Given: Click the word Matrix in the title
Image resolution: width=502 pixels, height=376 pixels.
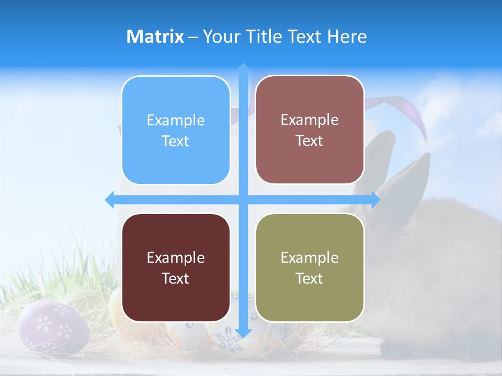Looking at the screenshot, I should click(x=155, y=37).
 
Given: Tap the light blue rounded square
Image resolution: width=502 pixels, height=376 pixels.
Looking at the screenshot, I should click(x=176, y=131).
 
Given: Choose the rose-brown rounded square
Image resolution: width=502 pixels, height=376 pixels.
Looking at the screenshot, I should click(x=310, y=130).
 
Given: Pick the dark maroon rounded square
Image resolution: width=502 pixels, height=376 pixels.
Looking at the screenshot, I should click(x=176, y=268).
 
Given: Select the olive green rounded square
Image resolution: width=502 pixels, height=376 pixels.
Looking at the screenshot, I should click(x=310, y=268).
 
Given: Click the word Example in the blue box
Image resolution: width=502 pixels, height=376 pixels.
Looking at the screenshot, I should click(x=176, y=121).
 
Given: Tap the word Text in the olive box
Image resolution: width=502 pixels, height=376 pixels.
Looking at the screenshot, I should click(x=310, y=278).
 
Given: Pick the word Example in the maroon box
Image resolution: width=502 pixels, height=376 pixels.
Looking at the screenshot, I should click(x=176, y=258).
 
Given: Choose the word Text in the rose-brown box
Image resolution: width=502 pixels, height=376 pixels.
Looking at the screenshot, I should click(x=310, y=141).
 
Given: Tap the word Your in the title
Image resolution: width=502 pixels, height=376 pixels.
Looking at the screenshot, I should click(x=220, y=37).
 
